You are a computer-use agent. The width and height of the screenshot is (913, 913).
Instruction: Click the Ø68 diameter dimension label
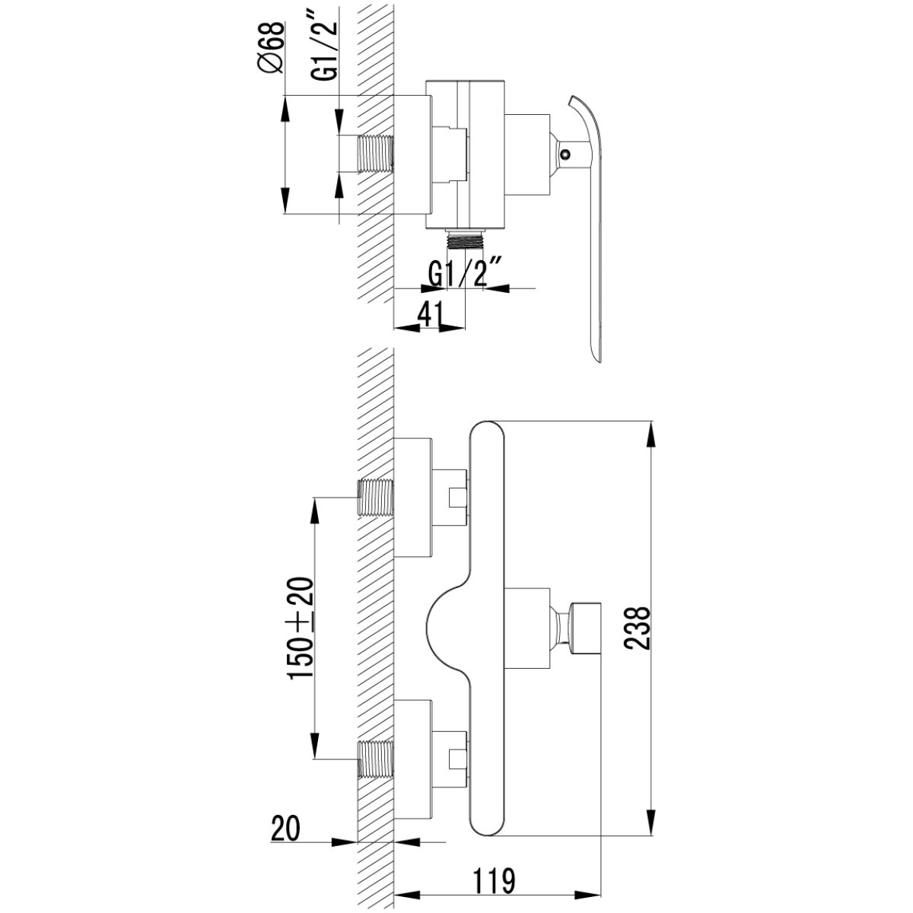pyautogui.click(x=272, y=48)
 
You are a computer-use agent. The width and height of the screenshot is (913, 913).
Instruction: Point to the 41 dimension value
pyautogui.click(x=431, y=313)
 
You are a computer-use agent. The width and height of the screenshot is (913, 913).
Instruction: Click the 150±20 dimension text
pyautogui.click(x=301, y=628)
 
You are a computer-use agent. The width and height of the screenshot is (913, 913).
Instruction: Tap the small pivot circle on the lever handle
pyautogui.click(x=565, y=154)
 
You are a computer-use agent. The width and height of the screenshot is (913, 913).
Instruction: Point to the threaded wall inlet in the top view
pyautogui.click(x=376, y=154)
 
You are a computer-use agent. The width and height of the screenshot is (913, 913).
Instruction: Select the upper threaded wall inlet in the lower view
pyautogui.click(x=375, y=497)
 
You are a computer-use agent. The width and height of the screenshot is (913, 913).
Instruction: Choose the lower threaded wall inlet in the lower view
pyautogui.click(x=375, y=759)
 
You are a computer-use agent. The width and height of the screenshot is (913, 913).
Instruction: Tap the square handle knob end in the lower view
pyautogui.click(x=587, y=628)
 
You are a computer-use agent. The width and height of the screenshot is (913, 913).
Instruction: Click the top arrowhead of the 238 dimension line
pyautogui.click(x=652, y=434)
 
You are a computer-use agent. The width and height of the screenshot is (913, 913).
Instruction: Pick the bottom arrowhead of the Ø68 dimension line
pyautogui.click(x=285, y=200)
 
